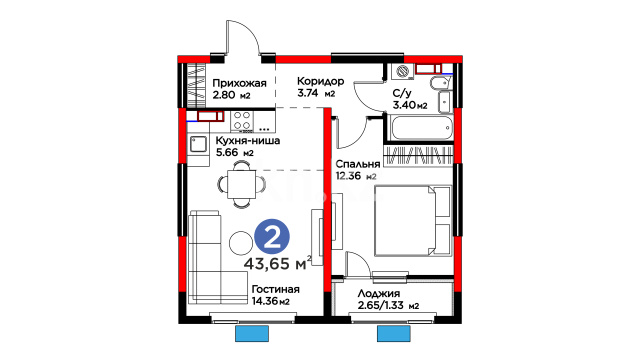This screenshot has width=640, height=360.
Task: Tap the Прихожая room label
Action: click(239, 83)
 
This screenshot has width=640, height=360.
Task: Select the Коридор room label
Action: click(320, 81)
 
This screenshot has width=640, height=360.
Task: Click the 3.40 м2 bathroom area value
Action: click(410, 105)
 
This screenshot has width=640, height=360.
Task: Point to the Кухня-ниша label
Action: click(248, 141)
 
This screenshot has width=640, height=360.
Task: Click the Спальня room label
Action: click(358, 164)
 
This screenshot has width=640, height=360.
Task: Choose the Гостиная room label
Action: click(276, 289)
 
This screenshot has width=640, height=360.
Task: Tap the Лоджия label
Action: click(379, 294)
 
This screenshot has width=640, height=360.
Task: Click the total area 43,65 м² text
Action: click(278, 264)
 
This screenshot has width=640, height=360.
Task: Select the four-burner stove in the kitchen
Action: click(242, 121)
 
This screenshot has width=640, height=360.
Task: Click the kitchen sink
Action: click(198, 144)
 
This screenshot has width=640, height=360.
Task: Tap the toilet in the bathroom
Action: click(439, 84)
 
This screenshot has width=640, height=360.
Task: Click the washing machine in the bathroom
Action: click(403, 71)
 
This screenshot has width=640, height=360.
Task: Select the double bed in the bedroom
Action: click(413, 220)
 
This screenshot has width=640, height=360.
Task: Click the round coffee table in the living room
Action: click(241, 243)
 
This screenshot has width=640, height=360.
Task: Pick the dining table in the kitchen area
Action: click(242, 184)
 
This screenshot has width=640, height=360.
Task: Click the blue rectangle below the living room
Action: click(252, 333)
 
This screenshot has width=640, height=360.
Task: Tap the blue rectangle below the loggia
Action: click(393, 333)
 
